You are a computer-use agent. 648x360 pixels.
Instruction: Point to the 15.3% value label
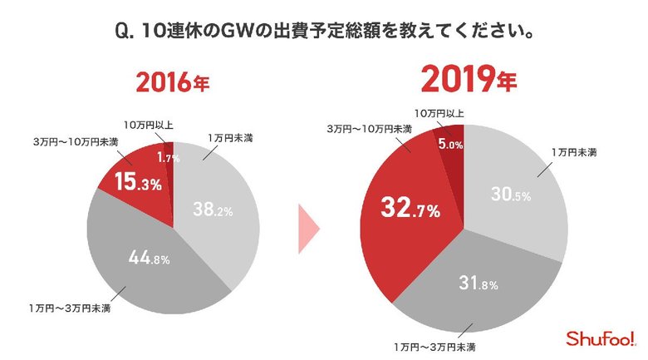tap(139, 182)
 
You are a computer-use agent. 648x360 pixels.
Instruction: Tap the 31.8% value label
tap(479, 284)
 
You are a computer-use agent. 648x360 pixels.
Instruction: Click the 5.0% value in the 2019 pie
tap(449, 144)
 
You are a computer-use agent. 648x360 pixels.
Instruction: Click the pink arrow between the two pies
tap(309, 227)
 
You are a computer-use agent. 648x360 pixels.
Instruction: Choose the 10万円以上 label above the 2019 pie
tap(441, 112)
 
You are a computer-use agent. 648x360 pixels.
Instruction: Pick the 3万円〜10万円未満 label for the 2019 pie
tap(369, 129)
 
